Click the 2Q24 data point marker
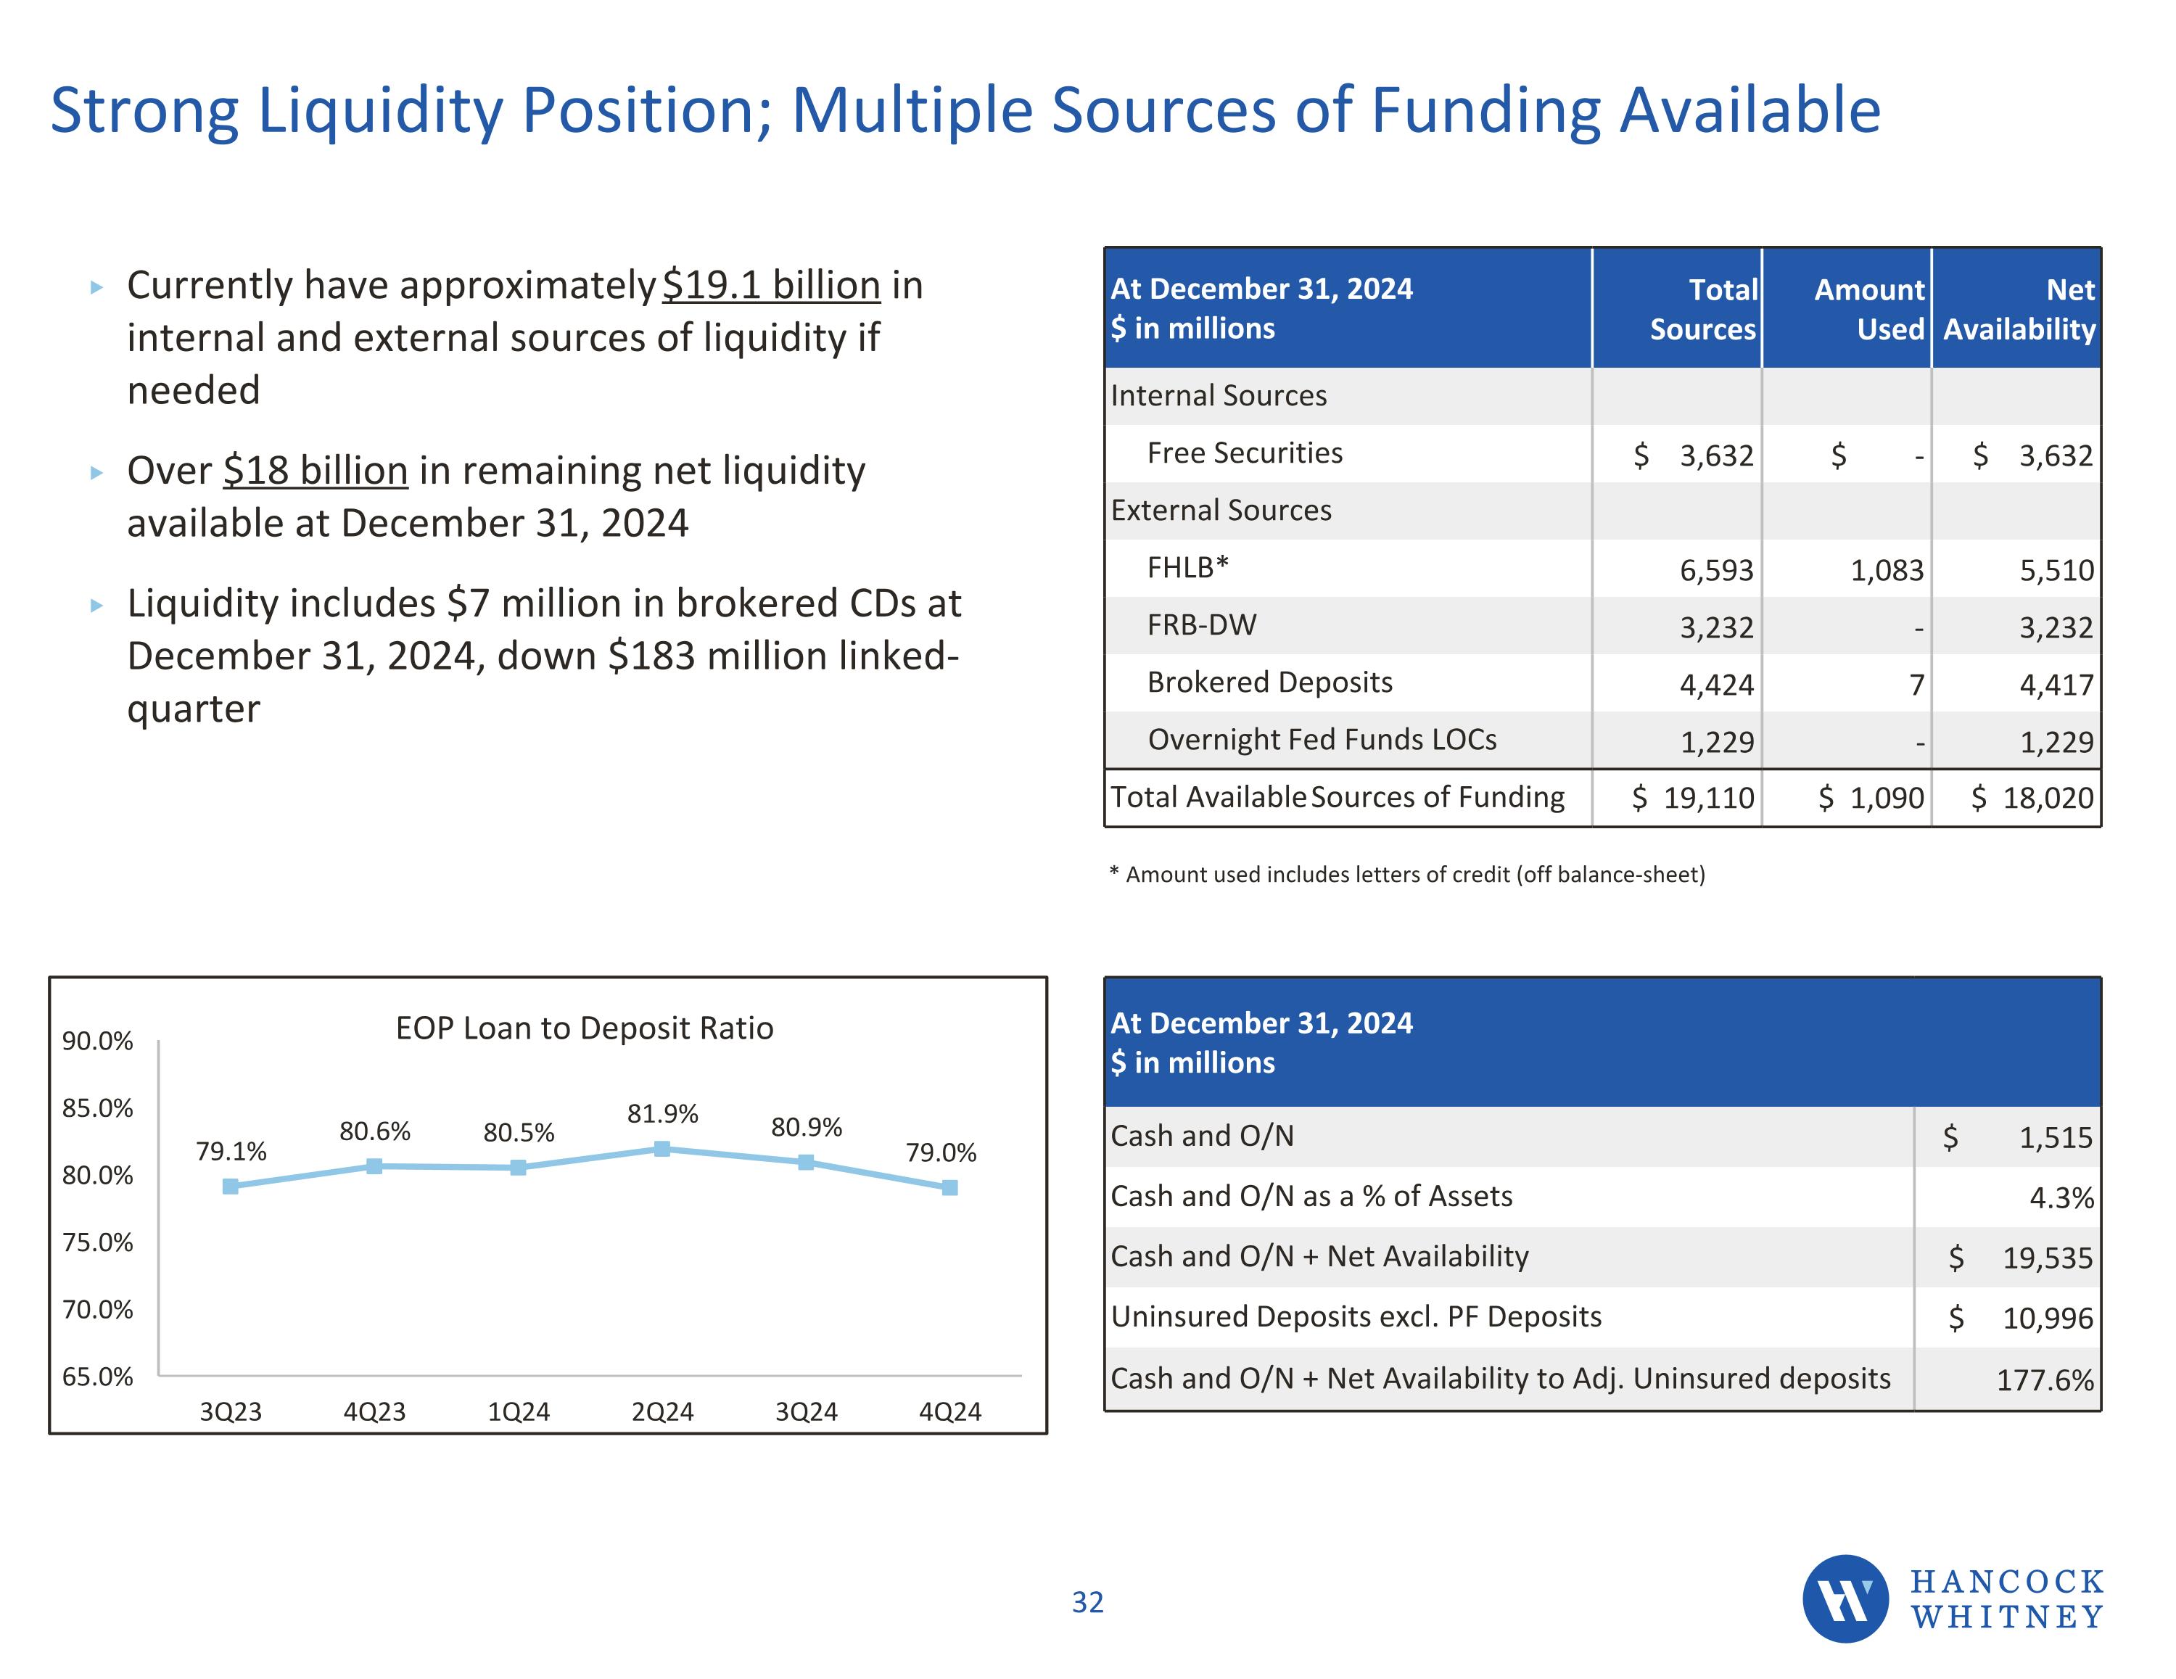point(662,1149)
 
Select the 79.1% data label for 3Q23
point(231,1152)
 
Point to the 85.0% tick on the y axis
point(98,1108)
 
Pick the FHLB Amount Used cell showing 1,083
point(1887,570)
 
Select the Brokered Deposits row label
point(1269,682)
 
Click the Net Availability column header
point(2019,309)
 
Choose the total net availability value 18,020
point(2048,798)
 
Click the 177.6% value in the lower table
point(2045,1380)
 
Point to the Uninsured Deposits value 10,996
point(2048,1319)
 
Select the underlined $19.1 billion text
point(771,285)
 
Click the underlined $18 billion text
point(315,470)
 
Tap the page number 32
point(1087,1602)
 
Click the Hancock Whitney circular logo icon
point(1845,1598)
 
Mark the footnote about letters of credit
point(1407,875)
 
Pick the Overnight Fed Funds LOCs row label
point(1322,739)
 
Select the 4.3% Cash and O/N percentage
point(2061,1197)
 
